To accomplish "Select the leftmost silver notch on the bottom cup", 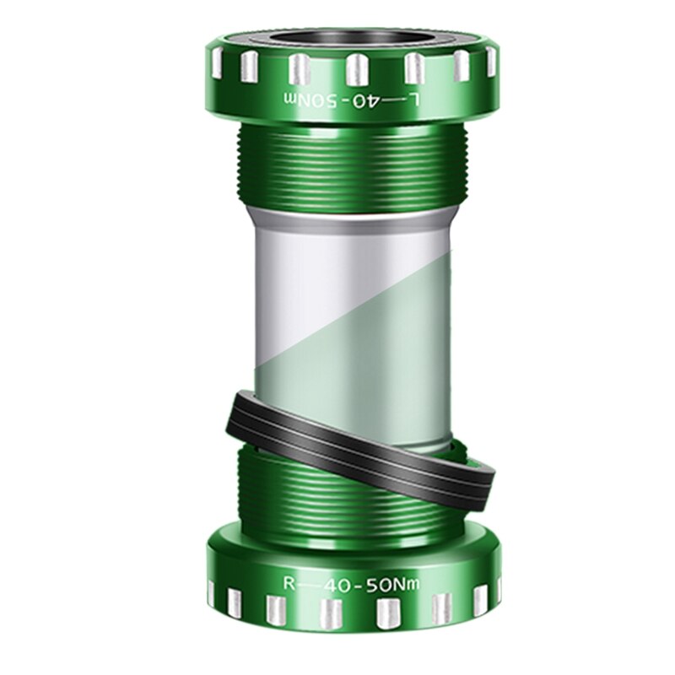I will pos(211,591).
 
